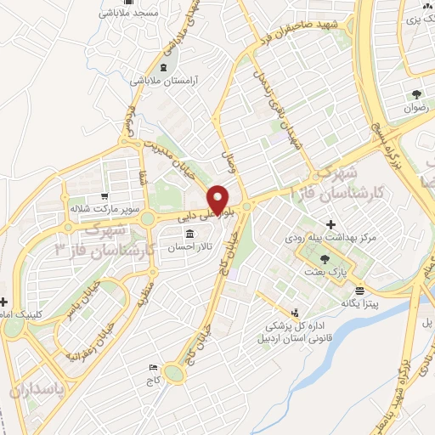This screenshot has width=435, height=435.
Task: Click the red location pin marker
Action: (x=219, y=198)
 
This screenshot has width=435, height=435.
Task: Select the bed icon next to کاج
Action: (x=153, y=367)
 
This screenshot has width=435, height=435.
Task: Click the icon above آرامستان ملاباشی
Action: (x=163, y=66)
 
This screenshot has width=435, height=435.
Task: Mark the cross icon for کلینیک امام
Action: (x=4, y=302)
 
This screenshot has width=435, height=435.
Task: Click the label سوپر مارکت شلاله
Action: (x=96, y=206)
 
